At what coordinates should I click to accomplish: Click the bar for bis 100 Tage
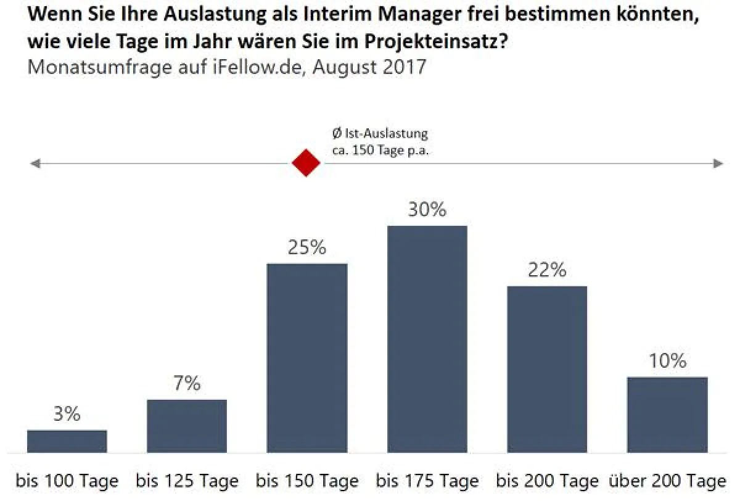(x=67, y=441)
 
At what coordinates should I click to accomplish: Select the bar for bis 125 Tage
(x=187, y=426)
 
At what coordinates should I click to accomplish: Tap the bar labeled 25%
(x=306, y=358)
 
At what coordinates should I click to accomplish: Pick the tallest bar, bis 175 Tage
(x=427, y=339)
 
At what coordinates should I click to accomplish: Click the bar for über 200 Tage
(x=667, y=415)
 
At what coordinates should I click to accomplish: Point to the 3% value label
(x=67, y=414)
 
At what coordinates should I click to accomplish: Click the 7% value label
(x=187, y=384)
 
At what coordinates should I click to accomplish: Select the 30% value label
(x=427, y=210)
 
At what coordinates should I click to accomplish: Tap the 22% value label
(x=547, y=270)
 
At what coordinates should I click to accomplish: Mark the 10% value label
(x=667, y=361)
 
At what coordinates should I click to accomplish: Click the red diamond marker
(x=306, y=164)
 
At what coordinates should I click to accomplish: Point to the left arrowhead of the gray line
(x=35, y=164)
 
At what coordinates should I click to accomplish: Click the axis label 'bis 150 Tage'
(x=306, y=481)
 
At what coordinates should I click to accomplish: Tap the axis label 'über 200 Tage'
(x=667, y=481)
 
